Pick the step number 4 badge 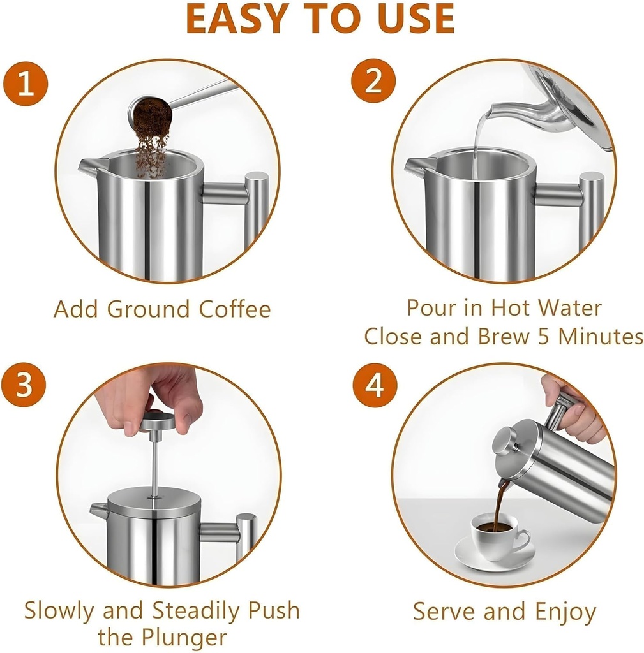[x=375, y=386]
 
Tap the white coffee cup [x=497, y=534]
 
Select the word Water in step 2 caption [x=570, y=308]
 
